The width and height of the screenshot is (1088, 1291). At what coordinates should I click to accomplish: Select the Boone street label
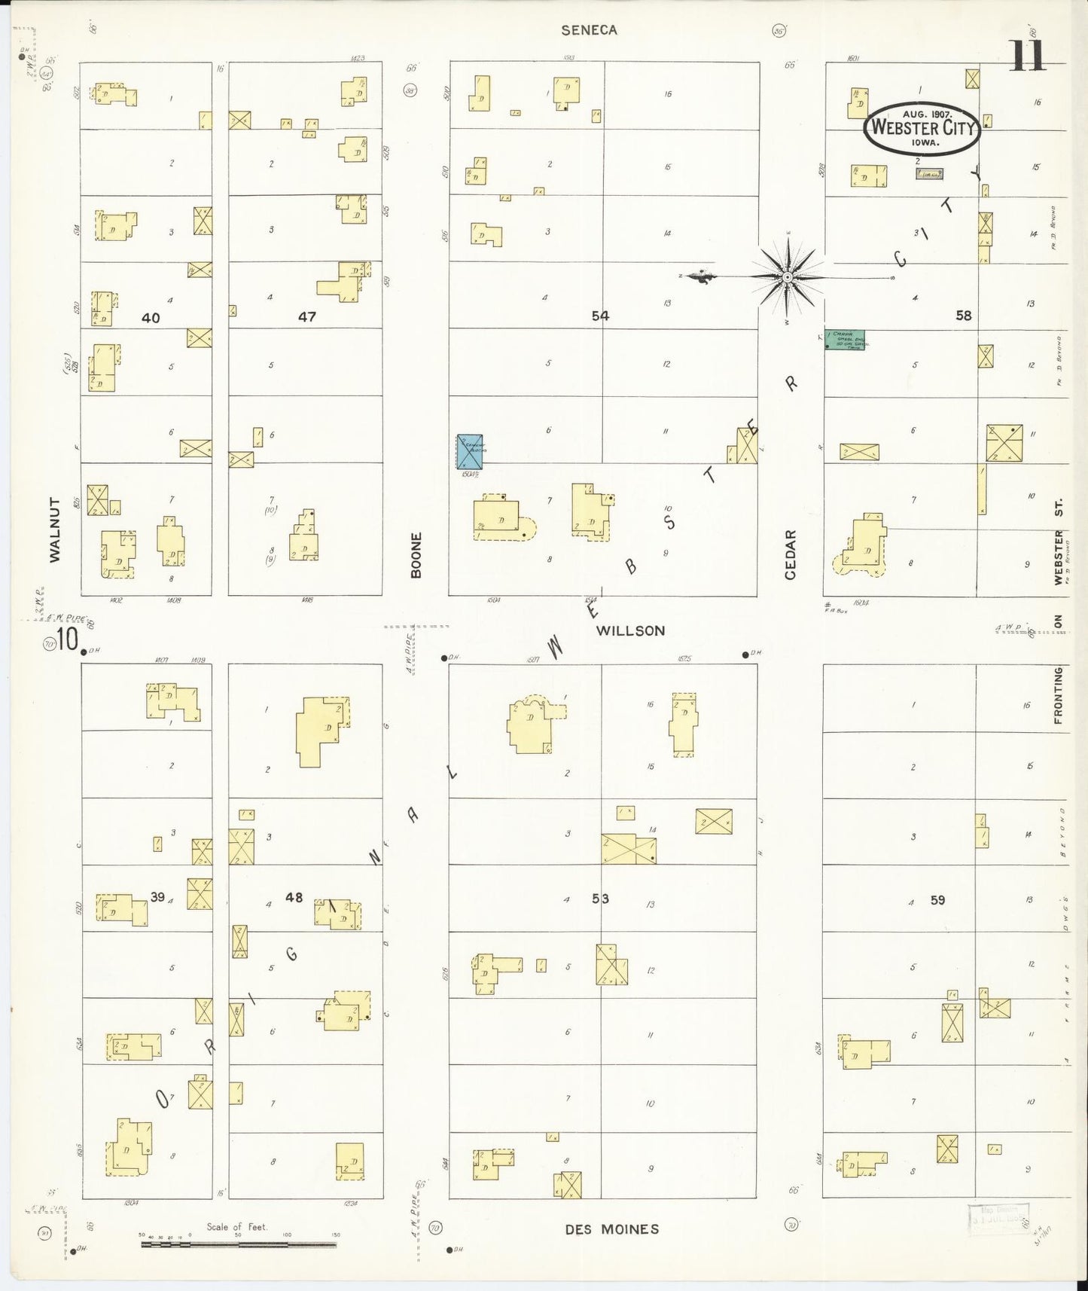point(416,555)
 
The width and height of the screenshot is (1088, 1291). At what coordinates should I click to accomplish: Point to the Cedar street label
point(790,554)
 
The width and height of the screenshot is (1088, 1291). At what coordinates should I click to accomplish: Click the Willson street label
point(630,630)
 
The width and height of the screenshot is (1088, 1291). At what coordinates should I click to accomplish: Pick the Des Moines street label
point(611,1229)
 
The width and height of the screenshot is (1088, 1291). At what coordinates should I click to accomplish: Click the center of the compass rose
point(787,278)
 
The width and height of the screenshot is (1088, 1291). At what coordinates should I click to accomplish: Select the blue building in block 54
point(471,452)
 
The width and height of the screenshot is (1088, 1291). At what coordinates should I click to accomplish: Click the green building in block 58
point(844,340)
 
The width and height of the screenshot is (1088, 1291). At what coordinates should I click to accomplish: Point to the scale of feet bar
point(239,1244)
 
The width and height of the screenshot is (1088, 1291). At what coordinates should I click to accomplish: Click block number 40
point(151,318)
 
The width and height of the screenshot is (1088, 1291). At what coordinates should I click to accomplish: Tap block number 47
point(306,317)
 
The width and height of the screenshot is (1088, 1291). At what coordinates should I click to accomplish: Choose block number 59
point(937,899)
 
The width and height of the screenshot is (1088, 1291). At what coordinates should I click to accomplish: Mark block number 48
point(294,897)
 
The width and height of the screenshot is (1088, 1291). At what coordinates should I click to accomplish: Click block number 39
point(157,896)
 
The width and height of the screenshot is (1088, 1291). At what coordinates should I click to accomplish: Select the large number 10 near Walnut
point(67,640)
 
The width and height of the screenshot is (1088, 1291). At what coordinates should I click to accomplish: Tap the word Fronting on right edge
point(1058,695)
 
